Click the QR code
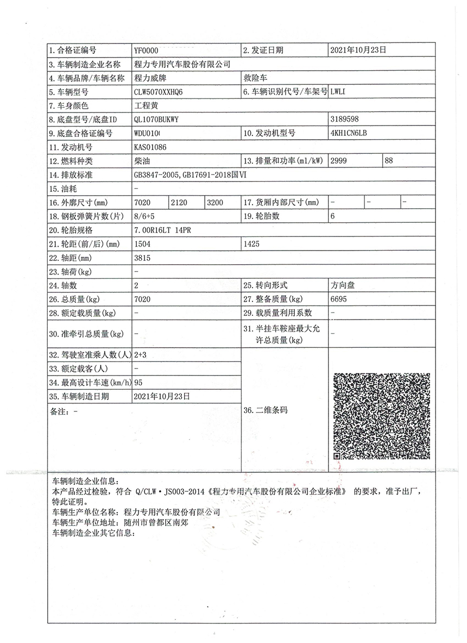click(x=381, y=416)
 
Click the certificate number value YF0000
click(x=146, y=51)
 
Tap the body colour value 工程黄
click(x=145, y=105)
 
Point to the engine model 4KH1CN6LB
click(x=349, y=133)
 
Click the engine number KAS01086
click(x=150, y=147)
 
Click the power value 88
click(x=389, y=161)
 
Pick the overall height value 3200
click(x=214, y=203)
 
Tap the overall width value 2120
click(x=179, y=203)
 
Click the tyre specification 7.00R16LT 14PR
click(x=162, y=230)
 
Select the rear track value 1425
click(x=252, y=244)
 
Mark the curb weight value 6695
click(x=338, y=299)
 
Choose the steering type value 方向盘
click(x=343, y=285)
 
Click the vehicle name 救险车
click(x=256, y=78)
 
